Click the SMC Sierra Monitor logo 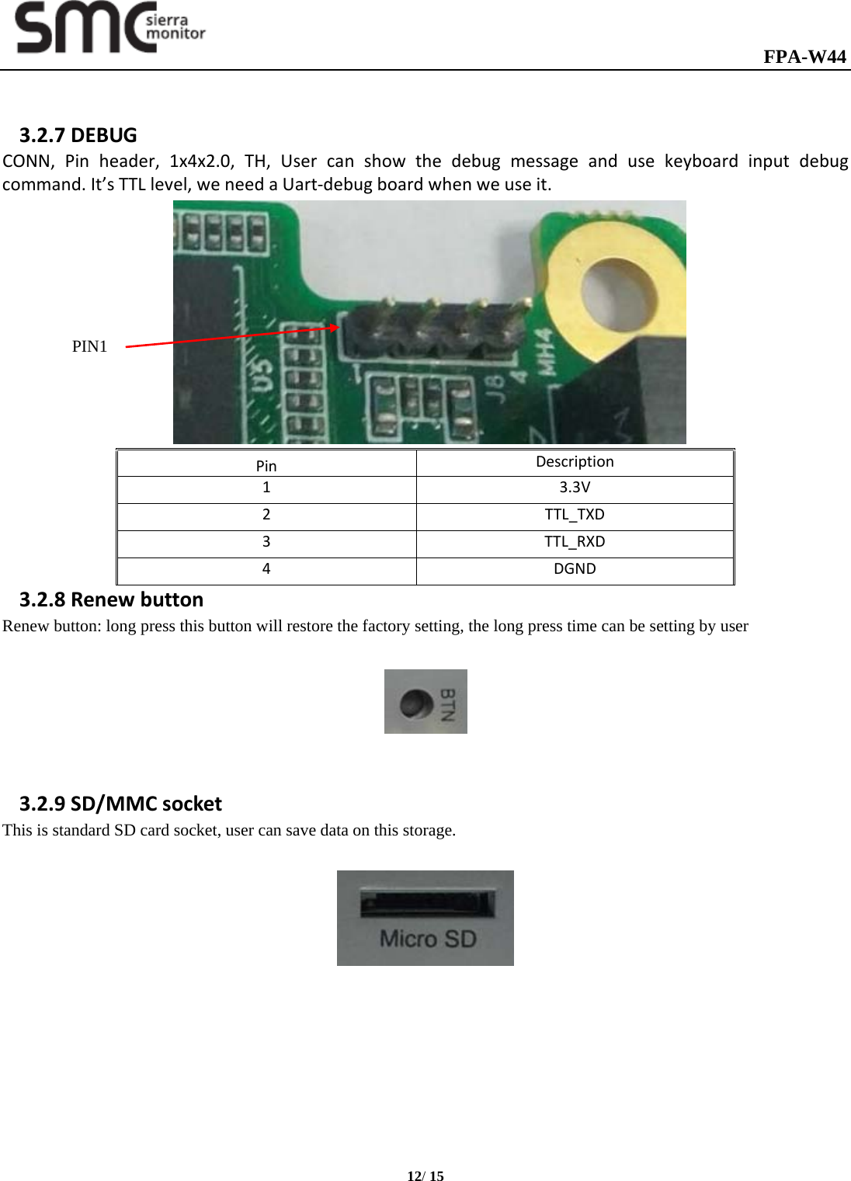pyautogui.click(x=110, y=28)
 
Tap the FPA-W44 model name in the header pyautogui.click(x=804, y=57)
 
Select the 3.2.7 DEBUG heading pyautogui.click(x=78, y=135)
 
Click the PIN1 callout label pyautogui.click(x=89, y=346)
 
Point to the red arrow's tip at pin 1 pyautogui.click(x=337, y=327)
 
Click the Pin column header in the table pyautogui.click(x=266, y=466)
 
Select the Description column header pyautogui.click(x=575, y=462)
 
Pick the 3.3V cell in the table pyautogui.click(x=575, y=488)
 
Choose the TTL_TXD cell pyautogui.click(x=575, y=515)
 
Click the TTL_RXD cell pyautogui.click(x=575, y=542)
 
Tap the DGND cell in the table pyautogui.click(x=575, y=569)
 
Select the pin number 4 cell pyautogui.click(x=266, y=569)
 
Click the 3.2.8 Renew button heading pyautogui.click(x=111, y=599)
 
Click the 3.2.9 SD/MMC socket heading pyautogui.click(x=120, y=804)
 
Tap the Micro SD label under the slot pyautogui.click(x=427, y=940)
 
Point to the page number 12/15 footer pyautogui.click(x=425, y=1176)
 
